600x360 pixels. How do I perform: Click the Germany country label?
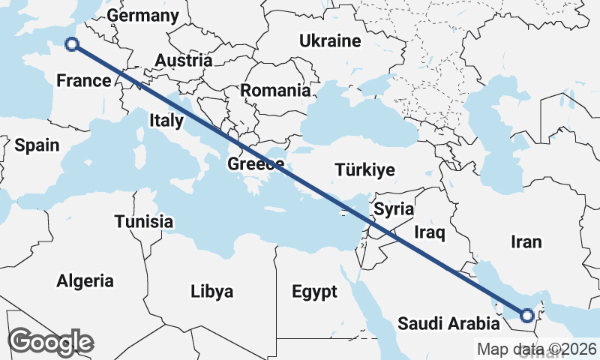143,16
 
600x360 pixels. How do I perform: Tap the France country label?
84,81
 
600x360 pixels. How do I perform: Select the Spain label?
37,145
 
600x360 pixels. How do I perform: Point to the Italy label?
166,120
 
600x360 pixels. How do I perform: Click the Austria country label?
184,61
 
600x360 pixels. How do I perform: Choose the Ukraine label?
330,40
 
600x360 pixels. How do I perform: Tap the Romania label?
275,91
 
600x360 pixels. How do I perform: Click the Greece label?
256,164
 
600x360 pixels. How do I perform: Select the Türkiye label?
365,169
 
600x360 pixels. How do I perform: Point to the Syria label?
394,208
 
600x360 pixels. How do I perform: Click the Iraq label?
430,233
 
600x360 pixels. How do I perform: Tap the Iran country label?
526,241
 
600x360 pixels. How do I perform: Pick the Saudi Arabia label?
448,324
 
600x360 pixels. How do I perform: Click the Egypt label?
314,291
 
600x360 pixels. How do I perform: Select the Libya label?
212,291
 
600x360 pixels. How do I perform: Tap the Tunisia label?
144,221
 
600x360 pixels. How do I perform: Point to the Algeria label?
85,281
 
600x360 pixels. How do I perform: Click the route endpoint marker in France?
72,44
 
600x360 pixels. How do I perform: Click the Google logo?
52,342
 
